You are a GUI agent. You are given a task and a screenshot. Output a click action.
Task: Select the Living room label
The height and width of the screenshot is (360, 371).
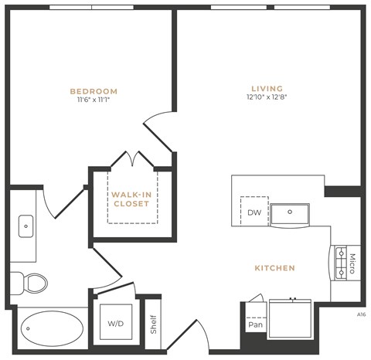pos(267,88)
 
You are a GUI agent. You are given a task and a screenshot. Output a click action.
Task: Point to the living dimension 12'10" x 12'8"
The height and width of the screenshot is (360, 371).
pos(267,98)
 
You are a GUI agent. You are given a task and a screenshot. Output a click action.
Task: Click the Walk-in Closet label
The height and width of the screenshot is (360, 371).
pos(130,199)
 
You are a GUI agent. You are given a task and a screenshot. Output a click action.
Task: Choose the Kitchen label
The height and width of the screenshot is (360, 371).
pos(274,268)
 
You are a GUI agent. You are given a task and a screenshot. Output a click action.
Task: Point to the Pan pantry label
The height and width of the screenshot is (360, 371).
pos(256,324)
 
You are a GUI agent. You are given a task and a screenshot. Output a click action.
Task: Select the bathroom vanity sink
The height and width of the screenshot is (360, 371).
pos(26,227)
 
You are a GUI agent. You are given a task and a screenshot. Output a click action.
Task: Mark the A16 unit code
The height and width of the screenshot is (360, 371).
pos(361,314)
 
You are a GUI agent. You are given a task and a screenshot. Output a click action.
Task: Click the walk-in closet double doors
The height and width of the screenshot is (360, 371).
pos(135,159)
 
